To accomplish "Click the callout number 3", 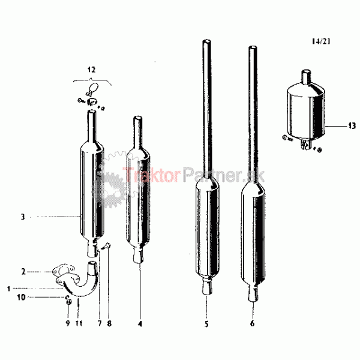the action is [23, 217].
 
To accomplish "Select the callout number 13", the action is [352, 126].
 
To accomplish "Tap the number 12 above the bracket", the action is [91, 70].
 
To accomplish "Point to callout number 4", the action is [140, 324].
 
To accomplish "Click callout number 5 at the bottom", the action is [206, 324].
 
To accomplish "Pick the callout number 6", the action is [253, 323].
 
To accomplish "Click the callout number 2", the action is [23, 272].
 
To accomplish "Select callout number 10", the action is [22, 298].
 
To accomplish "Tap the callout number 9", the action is [68, 323].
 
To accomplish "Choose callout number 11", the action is [79, 323].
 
